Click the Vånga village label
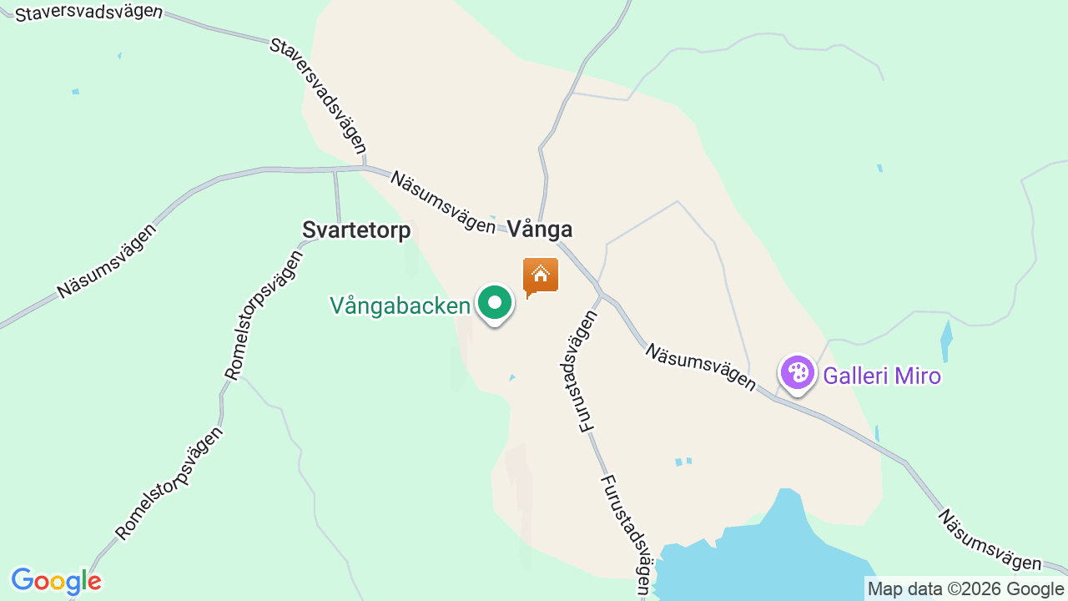pos(540,230)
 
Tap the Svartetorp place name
pos(356,230)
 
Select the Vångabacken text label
pos(400,306)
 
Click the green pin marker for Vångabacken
pos(495,303)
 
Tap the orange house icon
pos(540,275)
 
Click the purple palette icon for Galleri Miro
pos(798,373)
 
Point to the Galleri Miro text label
pos(882,376)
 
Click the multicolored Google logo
pos(56,581)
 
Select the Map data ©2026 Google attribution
pos(966,589)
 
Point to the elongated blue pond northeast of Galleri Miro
pos(945,341)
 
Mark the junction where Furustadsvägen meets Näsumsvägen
pos(600,295)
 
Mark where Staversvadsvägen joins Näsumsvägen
pos(365,167)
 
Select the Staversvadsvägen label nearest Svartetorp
pos(319,95)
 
